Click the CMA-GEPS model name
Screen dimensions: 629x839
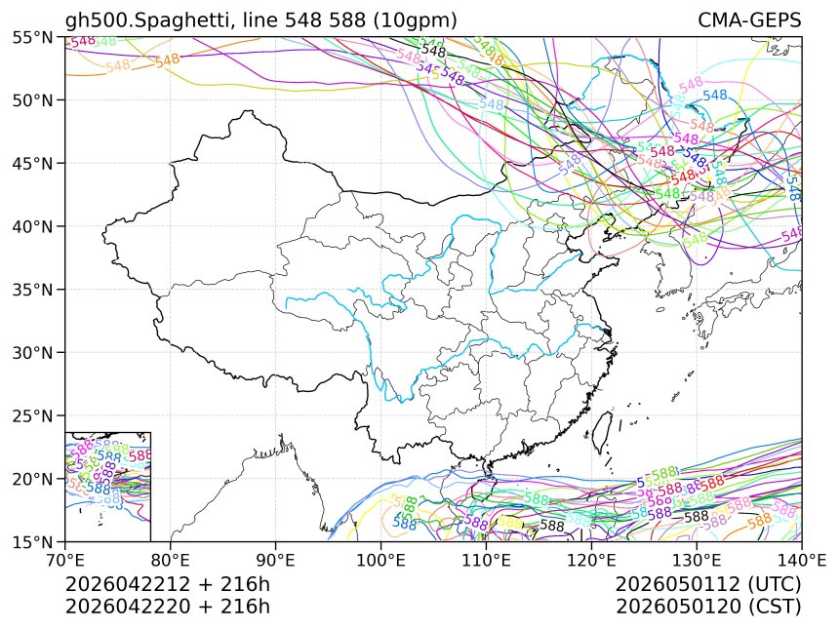click(x=749, y=20)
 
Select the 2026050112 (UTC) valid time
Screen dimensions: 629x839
click(x=708, y=584)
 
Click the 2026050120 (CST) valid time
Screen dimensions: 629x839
click(x=708, y=606)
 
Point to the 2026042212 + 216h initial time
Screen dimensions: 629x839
click(x=167, y=584)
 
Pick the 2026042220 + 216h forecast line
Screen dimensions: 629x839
click(x=167, y=606)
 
